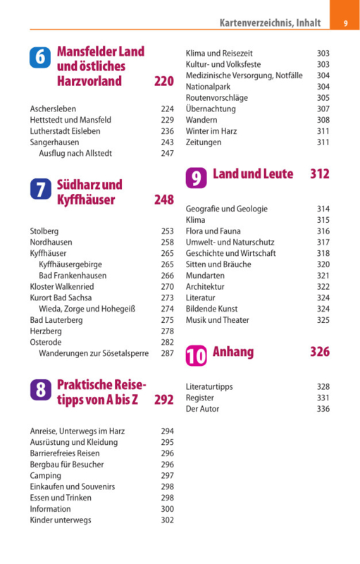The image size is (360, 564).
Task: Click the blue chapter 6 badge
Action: coord(40,57)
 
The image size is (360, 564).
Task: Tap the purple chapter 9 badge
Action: coord(196,178)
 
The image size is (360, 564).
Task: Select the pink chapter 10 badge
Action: coord(196,355)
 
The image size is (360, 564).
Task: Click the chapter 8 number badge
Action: coord(41,390)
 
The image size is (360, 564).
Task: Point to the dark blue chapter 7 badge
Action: coord(41,189)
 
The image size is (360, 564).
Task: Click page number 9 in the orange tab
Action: coord(346,23)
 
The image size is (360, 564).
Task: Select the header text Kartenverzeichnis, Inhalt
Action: coord(271,23)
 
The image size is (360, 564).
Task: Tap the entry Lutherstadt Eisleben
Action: coord(65,131)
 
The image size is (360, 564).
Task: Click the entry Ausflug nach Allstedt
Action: coord(75,153)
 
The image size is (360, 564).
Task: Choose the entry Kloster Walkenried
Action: coord(62,287)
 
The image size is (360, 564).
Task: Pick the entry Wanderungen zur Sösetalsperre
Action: coord(94,353)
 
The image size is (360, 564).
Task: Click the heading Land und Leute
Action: coord(253,173)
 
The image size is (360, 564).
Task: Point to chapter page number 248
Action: coord(164,200)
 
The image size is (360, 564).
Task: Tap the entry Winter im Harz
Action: coord(211,131)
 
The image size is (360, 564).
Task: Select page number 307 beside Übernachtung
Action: coord(323,109)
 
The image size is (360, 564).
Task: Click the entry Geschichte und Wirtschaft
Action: coord(230,253)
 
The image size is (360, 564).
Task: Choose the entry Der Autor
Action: coord(202,409)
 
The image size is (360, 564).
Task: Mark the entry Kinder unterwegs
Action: coord(61,520)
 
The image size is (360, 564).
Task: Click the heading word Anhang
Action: coord(233,352)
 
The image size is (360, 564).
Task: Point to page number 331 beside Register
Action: coord(323,398)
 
